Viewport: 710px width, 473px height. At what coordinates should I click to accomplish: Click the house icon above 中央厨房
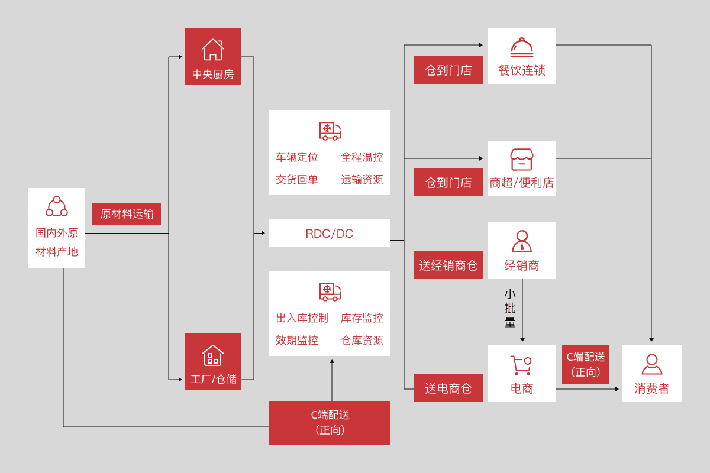click(213, 50)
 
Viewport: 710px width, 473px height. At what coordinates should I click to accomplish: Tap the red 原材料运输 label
click(127, 214)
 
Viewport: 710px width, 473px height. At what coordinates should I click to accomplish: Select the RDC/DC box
click(330, 233)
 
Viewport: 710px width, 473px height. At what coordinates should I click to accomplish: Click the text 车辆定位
click(297, 157)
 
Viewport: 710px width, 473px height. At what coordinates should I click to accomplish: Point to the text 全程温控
click(362, 157)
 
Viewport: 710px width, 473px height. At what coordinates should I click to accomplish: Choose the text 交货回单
click(297, 180)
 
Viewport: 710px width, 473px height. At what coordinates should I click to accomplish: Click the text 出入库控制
click(302, 318)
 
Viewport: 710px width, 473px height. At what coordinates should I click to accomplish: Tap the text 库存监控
click(362, 318)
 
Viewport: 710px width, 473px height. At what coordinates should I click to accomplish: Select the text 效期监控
click(297, 341)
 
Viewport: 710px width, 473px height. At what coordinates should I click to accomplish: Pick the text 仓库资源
click(362, 341)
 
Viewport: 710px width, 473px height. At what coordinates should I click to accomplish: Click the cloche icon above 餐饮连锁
click(521, 48)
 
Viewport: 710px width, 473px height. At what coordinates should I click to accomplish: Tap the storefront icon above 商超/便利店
click(521, 160)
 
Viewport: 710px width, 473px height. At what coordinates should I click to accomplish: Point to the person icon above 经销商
click(521, 241)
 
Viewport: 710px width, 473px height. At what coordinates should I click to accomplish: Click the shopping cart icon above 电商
click(521, 365)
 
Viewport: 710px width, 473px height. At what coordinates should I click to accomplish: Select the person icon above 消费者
click(651, 364)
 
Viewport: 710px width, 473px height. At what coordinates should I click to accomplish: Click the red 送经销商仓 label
click(448, 265)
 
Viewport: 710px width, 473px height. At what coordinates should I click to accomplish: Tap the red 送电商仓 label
click(448, 388)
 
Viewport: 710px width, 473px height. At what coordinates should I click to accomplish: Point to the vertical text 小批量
click(510, 309)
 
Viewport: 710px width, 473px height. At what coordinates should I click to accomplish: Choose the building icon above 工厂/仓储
click(213, 355)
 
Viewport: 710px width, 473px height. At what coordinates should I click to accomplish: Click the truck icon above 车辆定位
click(330, 131)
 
